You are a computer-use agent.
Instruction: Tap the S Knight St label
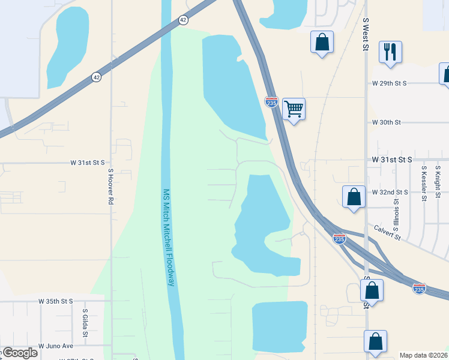(x=438, y=182)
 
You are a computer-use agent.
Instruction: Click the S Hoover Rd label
(x=110, y=187)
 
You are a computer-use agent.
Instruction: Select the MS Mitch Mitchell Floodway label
(x=168, y=238)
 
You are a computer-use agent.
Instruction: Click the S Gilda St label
(x=85, y=323)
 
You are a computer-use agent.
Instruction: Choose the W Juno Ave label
(x=55, y=346)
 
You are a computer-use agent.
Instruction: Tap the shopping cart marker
(x=294, y=109)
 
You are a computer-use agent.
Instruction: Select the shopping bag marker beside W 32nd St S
(x=354, y=197)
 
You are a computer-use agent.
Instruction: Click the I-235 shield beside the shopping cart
(x=271, y=102)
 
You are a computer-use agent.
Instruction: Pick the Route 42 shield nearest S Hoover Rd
(x=96, y=77)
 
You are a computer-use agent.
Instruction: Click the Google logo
(x=19, y=353)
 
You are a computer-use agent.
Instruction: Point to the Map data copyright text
(x=423, y=355)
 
